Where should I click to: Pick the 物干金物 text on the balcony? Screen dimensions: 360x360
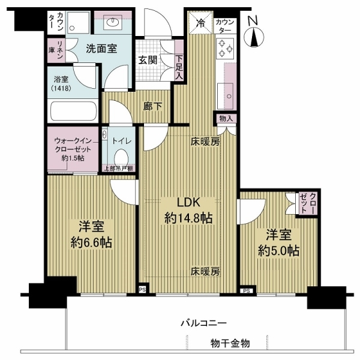tap(230, 343)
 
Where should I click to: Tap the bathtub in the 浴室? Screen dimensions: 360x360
tap(72, 111)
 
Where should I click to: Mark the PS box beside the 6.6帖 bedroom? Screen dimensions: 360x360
tap(142, 289)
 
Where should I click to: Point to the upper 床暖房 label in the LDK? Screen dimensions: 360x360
tap(206, 143)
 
